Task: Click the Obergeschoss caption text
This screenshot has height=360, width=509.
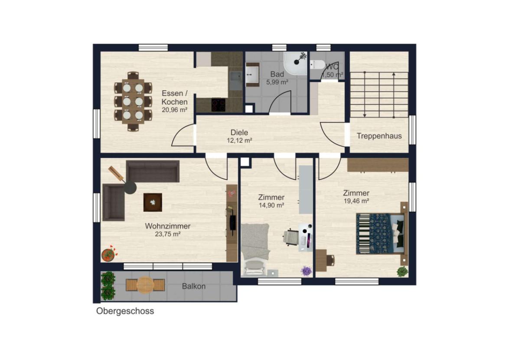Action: [125, 311]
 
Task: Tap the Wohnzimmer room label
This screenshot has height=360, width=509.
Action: [167, 226]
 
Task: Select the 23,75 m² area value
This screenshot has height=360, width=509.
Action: [167, 234]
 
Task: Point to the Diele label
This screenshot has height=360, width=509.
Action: [239, 132]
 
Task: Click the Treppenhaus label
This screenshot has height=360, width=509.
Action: [379, 136]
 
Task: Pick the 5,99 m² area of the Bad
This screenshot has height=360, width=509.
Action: [277, 82]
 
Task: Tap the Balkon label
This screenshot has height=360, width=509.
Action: [193, 286]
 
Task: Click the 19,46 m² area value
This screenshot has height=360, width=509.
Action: [356, 201]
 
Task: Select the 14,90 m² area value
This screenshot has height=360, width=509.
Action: [271, 205]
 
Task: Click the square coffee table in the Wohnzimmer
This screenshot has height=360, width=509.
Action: [153, 203]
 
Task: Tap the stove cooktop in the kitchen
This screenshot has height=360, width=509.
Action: [219, 105]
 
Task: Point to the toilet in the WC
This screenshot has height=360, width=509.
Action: [316, 64]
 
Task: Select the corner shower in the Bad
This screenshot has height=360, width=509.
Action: [295, 63]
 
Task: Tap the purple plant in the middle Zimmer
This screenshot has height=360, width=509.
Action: [306, 270]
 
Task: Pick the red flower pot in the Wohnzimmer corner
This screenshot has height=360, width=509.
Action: [109, 254]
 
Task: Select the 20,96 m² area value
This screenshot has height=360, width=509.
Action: [175, 110]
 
